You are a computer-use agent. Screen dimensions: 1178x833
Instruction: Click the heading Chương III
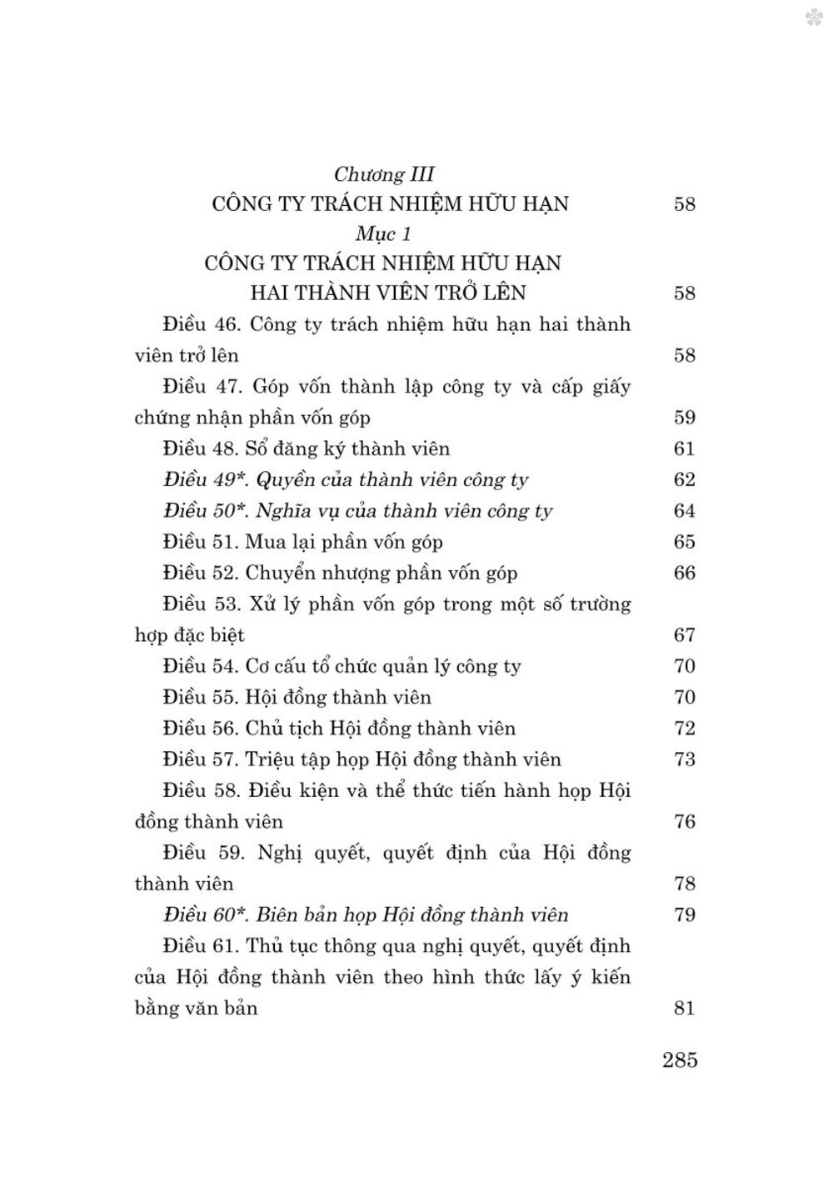[384, 173]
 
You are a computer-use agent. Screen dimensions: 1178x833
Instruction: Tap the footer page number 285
[680, 1060]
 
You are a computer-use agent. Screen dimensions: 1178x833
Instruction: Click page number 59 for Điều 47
[684, 417]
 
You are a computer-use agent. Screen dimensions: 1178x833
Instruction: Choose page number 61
[684, 449]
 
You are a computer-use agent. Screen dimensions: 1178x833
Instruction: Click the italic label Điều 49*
[205, 479]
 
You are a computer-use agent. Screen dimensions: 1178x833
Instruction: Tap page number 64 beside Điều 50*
[684, 510]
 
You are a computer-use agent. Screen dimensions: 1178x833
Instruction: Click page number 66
[684, 573]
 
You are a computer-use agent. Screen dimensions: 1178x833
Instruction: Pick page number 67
[684, 634]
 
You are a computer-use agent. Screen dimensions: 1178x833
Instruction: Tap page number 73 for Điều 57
[684, 759]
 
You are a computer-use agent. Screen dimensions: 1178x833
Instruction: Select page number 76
[684, 821]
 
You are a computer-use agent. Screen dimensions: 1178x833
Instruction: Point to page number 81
[684, 1008]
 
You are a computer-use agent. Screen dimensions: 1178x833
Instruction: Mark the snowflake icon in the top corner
[813, 17]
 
